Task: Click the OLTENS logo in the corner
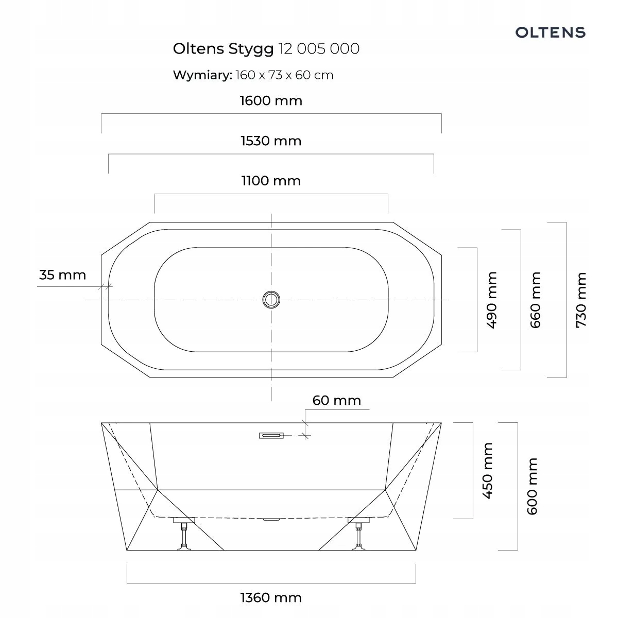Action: tap(550, 32)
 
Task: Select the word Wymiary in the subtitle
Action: tap(202, 75)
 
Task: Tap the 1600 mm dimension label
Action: tap(271, 101)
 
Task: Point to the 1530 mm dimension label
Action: tap(271, 141)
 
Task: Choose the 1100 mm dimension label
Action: tap(271, 181)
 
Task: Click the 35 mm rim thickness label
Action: tap(62, 275)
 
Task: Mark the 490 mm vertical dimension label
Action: tap(491, 300)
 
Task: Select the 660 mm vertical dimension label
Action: tap(535, 300)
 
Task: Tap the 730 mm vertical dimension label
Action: tap(581, 300)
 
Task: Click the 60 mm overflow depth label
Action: tap(337, 400)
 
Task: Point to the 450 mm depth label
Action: tap(488, 471)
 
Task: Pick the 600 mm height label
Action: tap(533, 486)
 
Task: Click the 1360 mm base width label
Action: tap(271, 598)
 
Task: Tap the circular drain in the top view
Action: tap(271, 300)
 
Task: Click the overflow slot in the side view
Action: tap(271, 436)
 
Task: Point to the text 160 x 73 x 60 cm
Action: tap(284, 75)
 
